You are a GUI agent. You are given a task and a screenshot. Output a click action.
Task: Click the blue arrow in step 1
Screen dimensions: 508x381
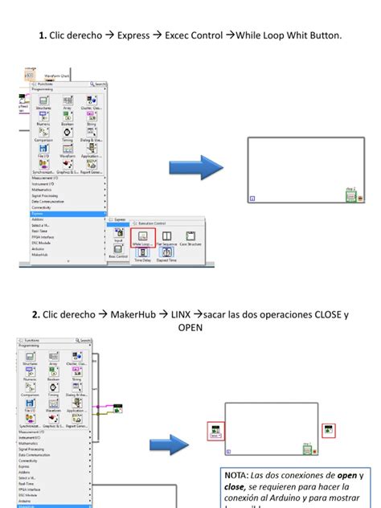pyautogui.click(x=195, y=169)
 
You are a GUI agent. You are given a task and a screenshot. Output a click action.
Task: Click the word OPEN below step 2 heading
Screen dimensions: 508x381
pyautogui.click(x=190, y=327)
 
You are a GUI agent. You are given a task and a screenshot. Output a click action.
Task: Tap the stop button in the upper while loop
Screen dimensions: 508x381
pyautogui.click(x=360, y=196)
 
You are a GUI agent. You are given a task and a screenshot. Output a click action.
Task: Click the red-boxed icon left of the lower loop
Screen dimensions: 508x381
pyautogui.click(x=215, y=431)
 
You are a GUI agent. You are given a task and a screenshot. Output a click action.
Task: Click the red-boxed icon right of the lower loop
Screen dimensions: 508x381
pyautogui.click(x=328, y=431)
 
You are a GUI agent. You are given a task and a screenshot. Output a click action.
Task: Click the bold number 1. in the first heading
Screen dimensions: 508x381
pyautogui.click(x=43, y=36)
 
